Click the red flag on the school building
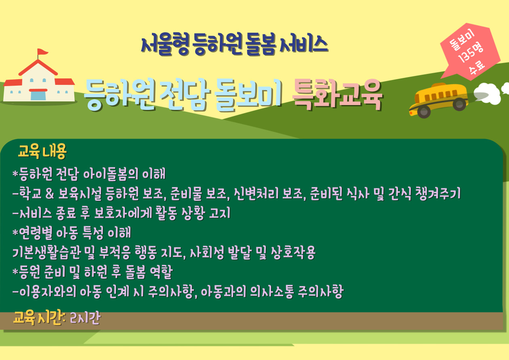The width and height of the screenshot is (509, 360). click(x=42, y=52)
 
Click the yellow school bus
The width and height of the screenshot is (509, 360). click(x=438, y=98)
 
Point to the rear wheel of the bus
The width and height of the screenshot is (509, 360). click(x=459, y=104)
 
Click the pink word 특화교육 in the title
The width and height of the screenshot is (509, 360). click(x=337, y=95)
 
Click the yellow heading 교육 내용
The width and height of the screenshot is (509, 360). click(x=42, y=152)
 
